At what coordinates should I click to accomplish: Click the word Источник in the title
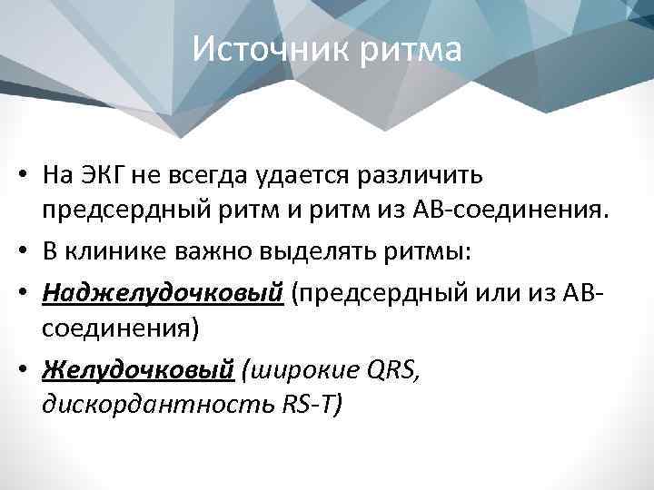pos(263,49)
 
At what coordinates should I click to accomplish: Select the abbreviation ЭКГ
pos(114,175)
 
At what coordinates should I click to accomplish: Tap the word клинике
pos(117,251)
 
